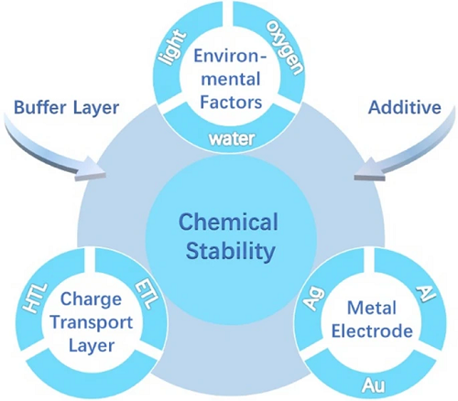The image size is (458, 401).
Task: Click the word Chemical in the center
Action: pyautogui.click(x=228, y=222)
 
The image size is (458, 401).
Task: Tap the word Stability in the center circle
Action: pyautogui.click(x=231, y=251)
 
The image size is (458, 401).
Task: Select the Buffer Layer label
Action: pyautogui.click(x=67, y=108)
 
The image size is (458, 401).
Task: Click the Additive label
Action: pyautogui.click(x=405, y=107)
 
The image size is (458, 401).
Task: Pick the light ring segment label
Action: pyautogui.click(x=171, y=48)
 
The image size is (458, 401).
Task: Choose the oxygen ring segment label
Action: pyautogui.click(x=285, y=48)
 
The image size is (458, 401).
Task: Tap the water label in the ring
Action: pyautogui.click(x=232, y=139)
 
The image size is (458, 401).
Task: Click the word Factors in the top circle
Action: pyautogui.click(x=231, y=102)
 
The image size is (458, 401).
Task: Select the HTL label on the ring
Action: pyautogui.click(x=36, y=298)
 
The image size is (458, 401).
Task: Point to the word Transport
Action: pyautogui.click(x=92, y=322)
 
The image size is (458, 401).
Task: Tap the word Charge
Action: pyautogui.click(x=91, y=299)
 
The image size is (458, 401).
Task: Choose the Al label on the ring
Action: pyautogui.click(x=427, y=293)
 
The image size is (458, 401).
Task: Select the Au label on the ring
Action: pyautogui.click(x=374, y=385)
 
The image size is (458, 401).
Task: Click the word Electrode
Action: pyautogui.click(x=372, y=331)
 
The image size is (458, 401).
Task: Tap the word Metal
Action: pyautogui.click(x=372, y=308)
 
